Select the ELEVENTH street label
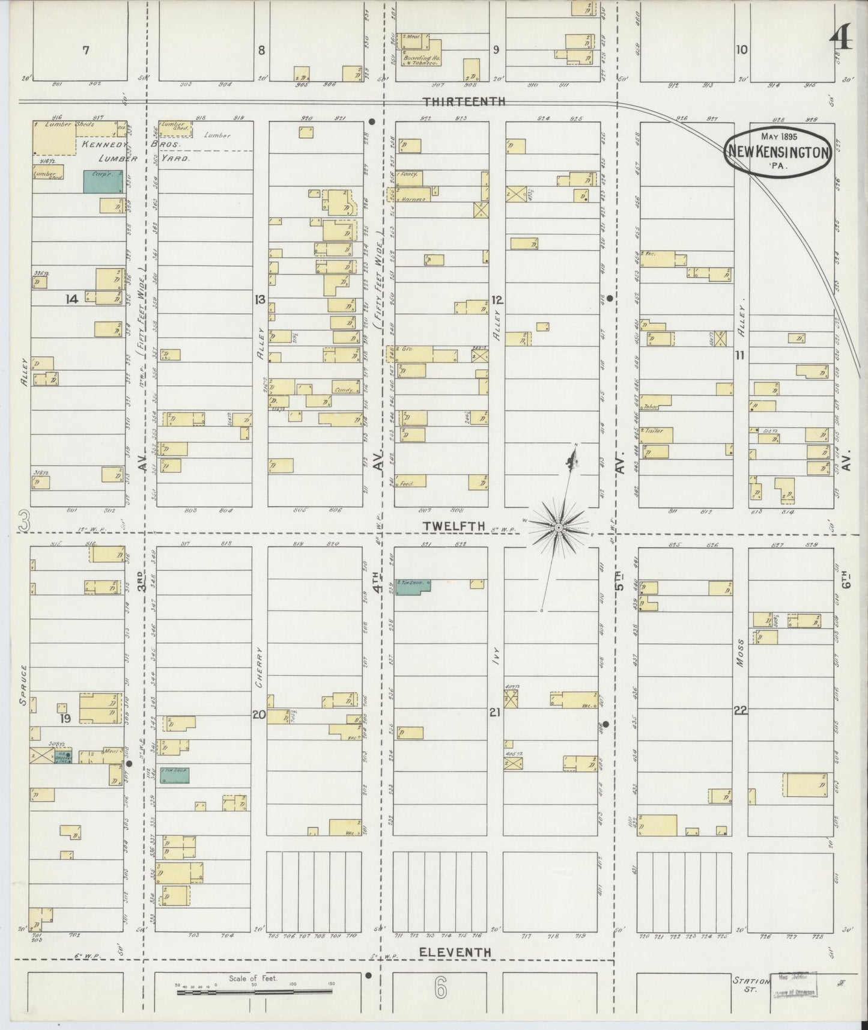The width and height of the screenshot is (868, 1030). [x=455, y=952]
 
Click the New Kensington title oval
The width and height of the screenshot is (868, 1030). [x=779, y=151]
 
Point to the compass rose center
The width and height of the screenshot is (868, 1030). [x=559, y=527]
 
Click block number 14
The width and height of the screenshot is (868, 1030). [x=72, y=299]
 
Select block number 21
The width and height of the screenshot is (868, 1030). [x=494, y=713]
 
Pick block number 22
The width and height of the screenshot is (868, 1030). [x=740, y=711]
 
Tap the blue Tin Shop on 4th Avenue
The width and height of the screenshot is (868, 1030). [x=413, y=587]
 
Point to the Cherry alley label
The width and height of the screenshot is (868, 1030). [x=259, y=668]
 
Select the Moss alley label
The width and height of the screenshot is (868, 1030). [x=739, y=653]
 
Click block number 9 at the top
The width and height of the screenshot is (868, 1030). [x=496, y=50]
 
